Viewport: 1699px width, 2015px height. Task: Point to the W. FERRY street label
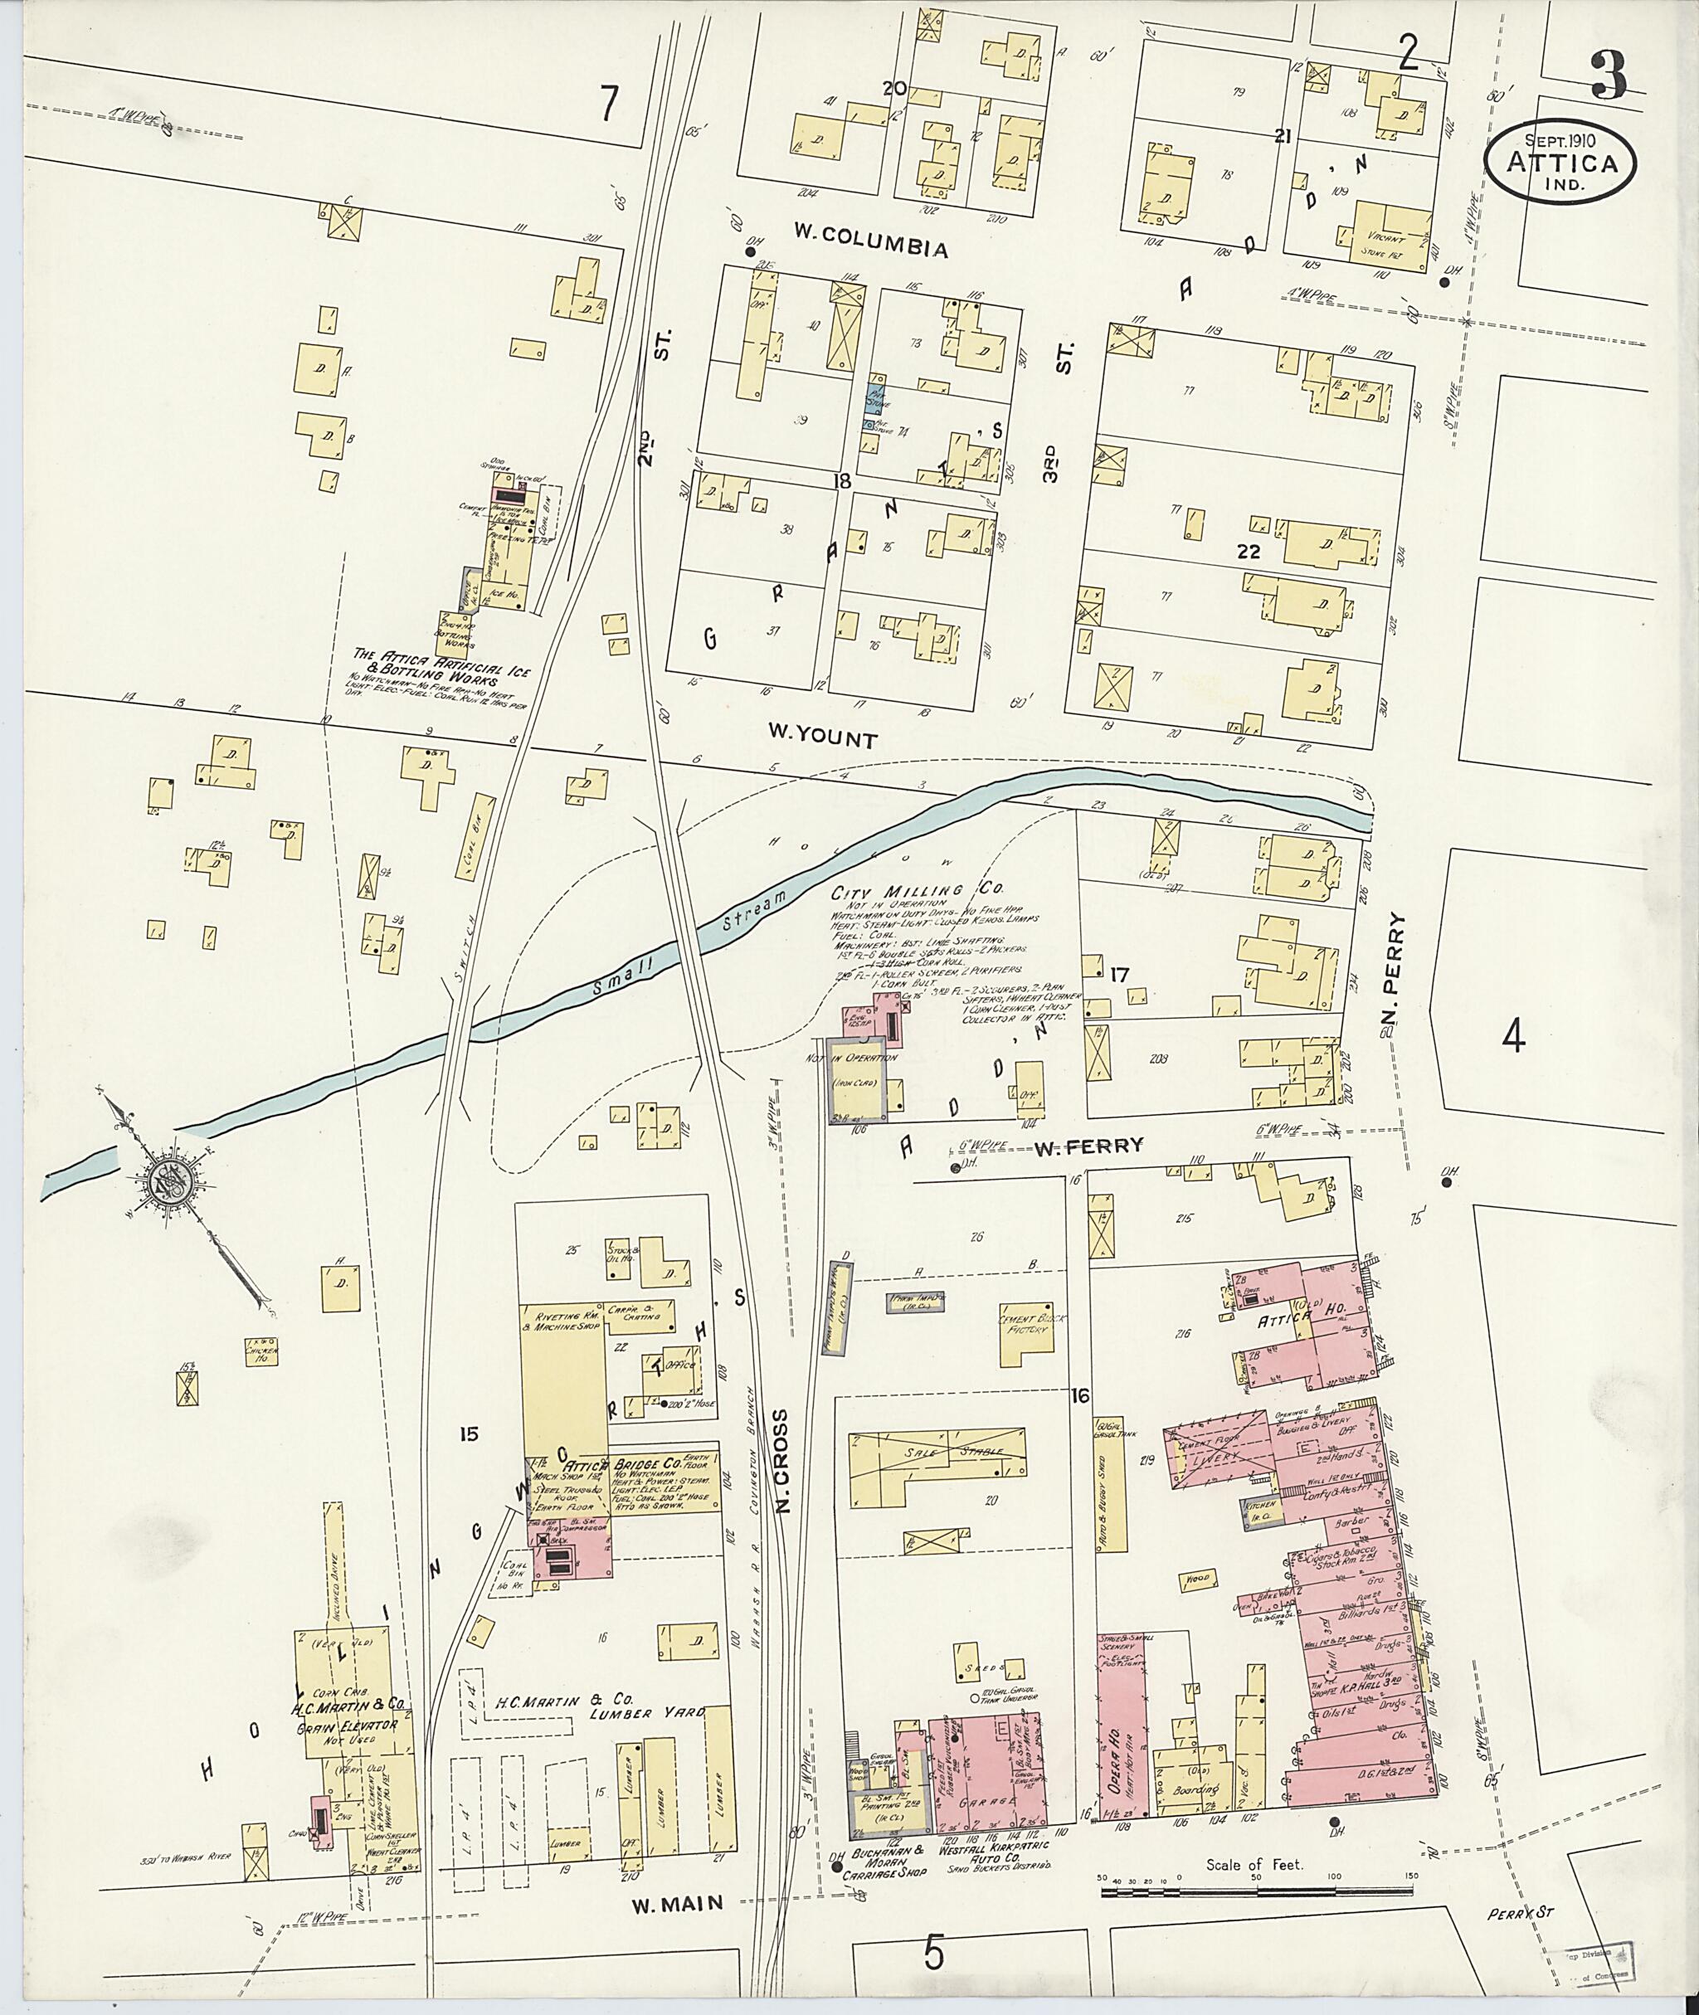[1088, 1146]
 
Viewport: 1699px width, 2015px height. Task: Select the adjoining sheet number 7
[606, 103]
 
